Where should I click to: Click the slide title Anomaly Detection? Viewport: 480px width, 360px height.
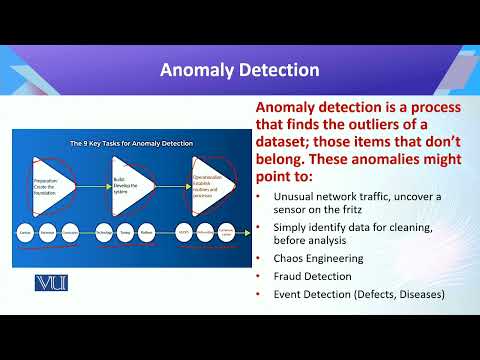[240, 70]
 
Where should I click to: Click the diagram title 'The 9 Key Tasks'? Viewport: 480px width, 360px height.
[125, 142]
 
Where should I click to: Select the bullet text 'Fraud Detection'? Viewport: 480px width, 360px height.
[311, 275]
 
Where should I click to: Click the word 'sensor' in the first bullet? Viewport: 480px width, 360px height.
[289, 210]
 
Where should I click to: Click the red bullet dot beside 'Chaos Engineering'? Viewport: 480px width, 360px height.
[260, 258]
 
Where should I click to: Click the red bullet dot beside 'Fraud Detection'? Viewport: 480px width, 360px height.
[260, 275]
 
